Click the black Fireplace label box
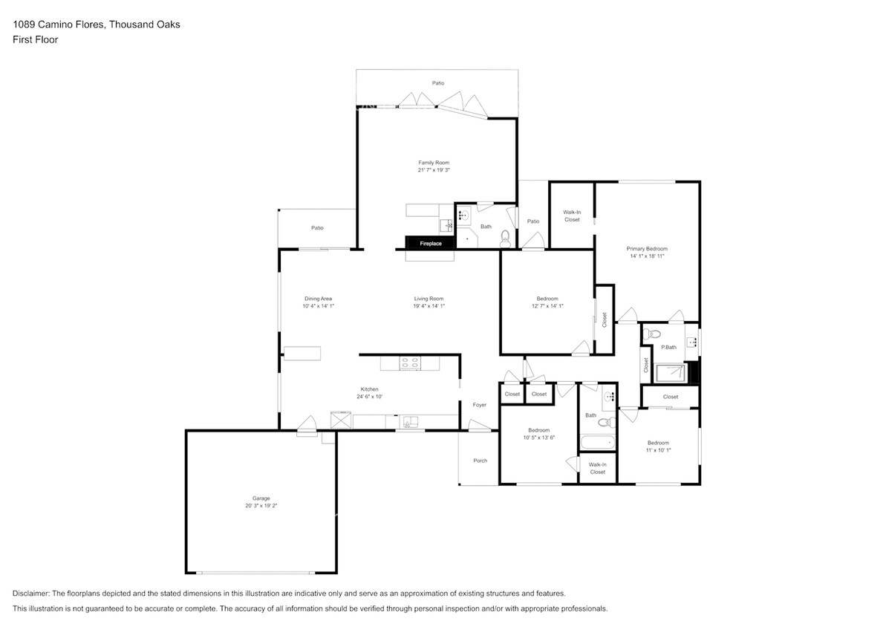click(430, 242)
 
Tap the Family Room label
click(434, 163)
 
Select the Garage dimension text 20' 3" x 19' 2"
click(261, 506)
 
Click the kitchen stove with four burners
click(410, 363)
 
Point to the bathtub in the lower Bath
click(597, 443)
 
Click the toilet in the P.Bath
click(651, 333)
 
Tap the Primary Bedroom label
click(647, 249)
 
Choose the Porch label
click(481, 461)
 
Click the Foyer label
click(480, 405)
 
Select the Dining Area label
click(318, 299)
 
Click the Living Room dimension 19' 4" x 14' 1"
click(429, 306)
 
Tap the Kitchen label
click(370, 389)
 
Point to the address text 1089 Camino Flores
click(58, 25)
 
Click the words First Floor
click(35, 39)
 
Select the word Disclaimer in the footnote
click(30, 594)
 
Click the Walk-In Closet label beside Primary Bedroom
click(572, 216)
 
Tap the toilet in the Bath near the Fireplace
click(506, 240)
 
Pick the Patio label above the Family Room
click(438, 83)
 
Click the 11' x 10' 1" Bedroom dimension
click(658, 451)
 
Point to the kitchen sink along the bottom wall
click(410, 422)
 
